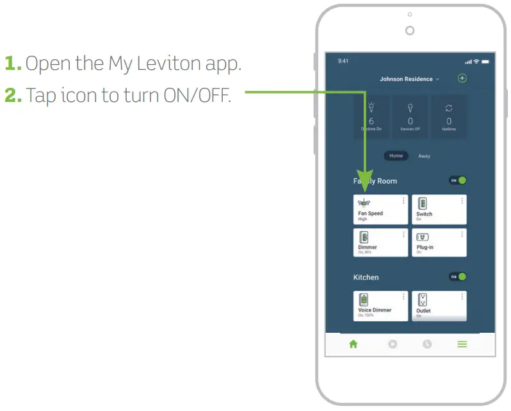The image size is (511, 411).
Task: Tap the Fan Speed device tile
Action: pos(380,210)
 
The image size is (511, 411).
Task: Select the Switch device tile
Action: pos(438,210)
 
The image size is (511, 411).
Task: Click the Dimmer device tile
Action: pos(380,242)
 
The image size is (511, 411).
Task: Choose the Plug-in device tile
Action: pos(438,242)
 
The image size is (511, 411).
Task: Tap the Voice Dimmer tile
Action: pos(380,306)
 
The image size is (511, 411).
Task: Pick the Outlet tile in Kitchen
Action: pos(438,306)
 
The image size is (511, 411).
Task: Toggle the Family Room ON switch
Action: pos(457,181)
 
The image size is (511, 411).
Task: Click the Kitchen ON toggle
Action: pos(457,277)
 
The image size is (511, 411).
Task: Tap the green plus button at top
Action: pos(462,78)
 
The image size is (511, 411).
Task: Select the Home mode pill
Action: pos(396,156)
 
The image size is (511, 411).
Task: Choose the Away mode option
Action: pos(424,156)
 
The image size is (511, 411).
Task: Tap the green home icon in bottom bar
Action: pos(353,344)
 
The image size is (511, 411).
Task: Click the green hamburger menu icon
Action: pos(462,344)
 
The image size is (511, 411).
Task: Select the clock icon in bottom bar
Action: pos(426,344)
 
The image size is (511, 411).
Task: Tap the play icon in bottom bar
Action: pos(392,344)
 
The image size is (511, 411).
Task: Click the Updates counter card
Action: pos(449,117)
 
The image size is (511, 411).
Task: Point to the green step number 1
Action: pos(13,63)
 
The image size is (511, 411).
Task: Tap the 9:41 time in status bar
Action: pos(343,62)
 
